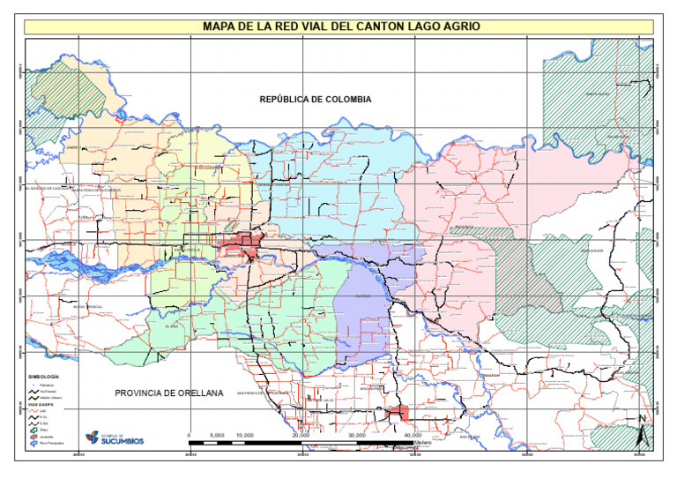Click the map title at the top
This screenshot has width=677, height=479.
[342, 26]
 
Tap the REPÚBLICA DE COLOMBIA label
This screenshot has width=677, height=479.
[316, 100]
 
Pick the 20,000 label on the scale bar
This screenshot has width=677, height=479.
[301, 435]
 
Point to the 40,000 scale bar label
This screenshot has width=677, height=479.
[413, 435]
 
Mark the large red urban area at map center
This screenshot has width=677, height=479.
[240, 244]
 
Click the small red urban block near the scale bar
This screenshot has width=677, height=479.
[397, 413]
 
